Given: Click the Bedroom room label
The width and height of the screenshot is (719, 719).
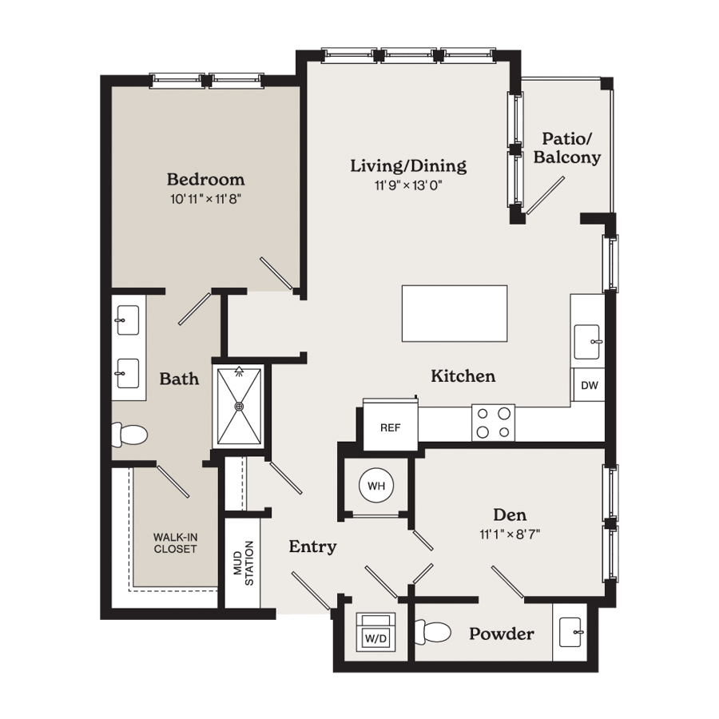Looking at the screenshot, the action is [205, 179].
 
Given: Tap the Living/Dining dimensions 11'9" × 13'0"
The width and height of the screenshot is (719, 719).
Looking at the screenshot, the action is [408, 185].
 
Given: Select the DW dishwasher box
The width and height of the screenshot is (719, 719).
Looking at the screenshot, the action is [590, 385].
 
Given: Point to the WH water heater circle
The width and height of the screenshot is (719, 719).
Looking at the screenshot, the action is [376, 486].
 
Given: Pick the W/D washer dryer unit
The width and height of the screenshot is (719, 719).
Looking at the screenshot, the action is [375, 632].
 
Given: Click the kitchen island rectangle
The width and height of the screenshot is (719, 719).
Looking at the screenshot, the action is [455, 314].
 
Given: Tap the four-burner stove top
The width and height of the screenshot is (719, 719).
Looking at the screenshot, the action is [494, 423].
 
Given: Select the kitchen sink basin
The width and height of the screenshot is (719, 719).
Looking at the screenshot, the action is [587, 342].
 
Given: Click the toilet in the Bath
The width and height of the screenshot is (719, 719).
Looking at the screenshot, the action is [129, 435].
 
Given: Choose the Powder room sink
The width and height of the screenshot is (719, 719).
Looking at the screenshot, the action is [571, 633].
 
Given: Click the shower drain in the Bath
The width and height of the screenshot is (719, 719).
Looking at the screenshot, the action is [239, 407].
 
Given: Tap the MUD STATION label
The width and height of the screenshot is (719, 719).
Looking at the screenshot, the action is [244, 563].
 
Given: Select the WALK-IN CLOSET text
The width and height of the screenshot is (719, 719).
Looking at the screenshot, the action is [175, 543].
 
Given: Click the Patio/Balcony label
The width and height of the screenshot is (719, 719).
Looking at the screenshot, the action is [566, 148].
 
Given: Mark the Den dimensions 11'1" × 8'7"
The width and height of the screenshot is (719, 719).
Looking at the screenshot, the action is [510, 534].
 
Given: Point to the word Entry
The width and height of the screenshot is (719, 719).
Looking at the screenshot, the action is [312, 546].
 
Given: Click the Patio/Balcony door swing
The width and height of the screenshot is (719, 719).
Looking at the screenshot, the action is [546, 196].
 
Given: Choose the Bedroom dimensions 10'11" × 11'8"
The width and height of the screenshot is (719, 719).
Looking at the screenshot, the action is [206, 200].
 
